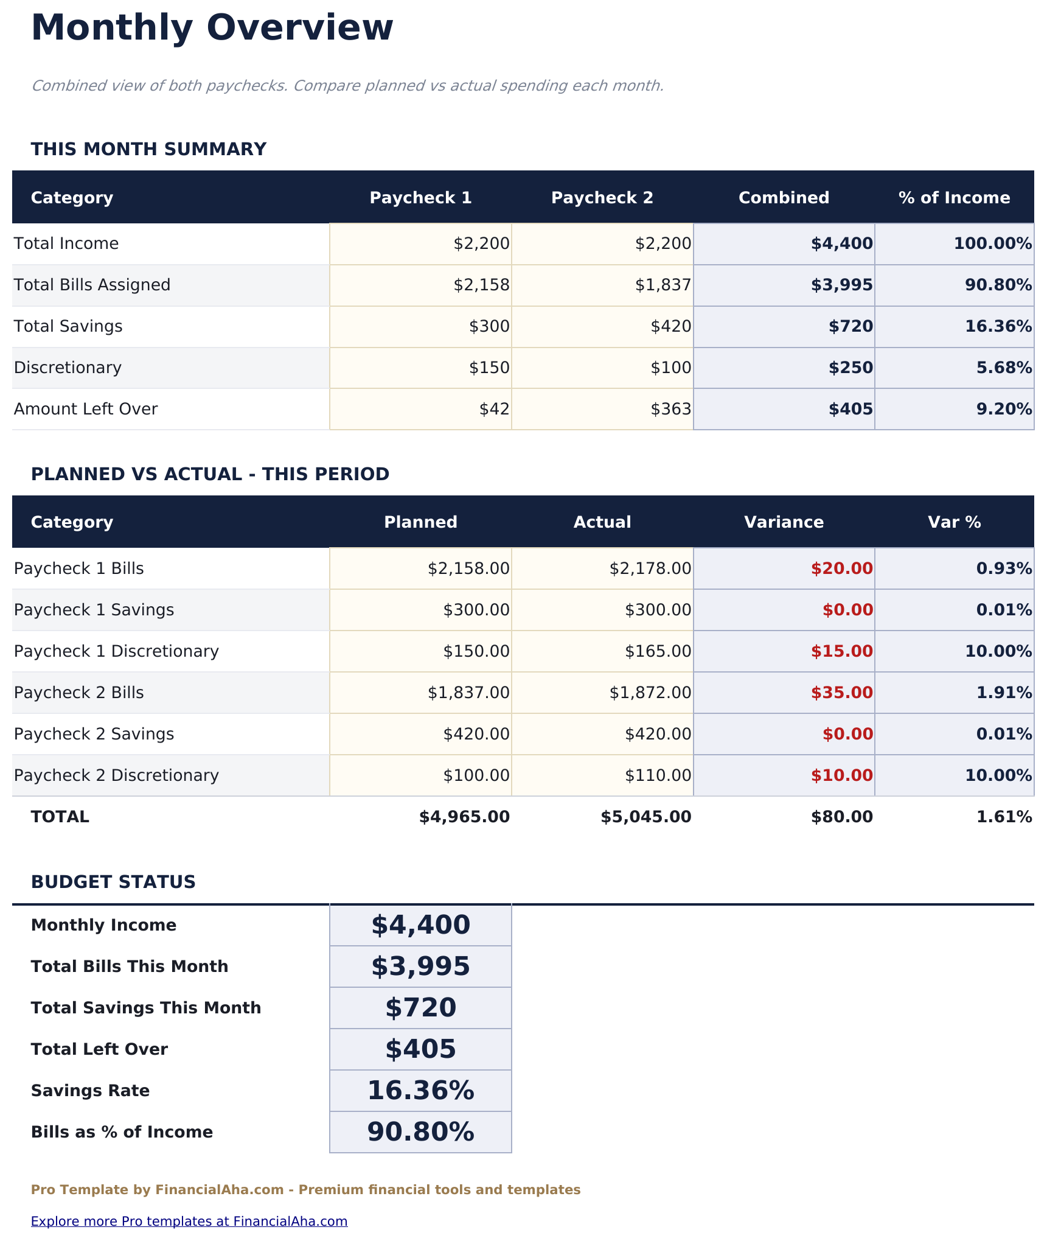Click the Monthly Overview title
pyautogui.click(x=212, y=28)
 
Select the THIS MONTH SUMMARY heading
pyautogui.click(x=148, y=149)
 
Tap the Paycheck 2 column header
pyautogui.click(x=602, y=198)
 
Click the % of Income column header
pyautogui.click(x=954, y=198)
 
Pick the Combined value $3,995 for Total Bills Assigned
pyautogui.click(x=841, y=285)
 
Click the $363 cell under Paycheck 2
pyautogui.click(x=670, y=409)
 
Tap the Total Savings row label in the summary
pyautogui.click(x=68, y=326)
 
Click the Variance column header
pyautogui.click(x=784, y=522)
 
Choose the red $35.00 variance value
pyautogui.click(x=841, y=693)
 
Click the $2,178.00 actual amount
pyautogui.click(x=650, y=568)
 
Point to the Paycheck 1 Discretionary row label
pyautogui.click(x=116, y=651)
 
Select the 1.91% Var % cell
pyautogui.click(x=1004, y=693)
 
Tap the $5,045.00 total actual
pyautogui.click(x=645, y=817)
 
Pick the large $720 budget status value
pyautogui.click(x=420, y=1008)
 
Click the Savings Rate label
pyautogui.click(x=90, y=1091)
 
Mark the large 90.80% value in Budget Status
pyautogui.click(x=420, y=1132)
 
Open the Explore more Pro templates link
pyautogui.click(x=189, y=1221)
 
